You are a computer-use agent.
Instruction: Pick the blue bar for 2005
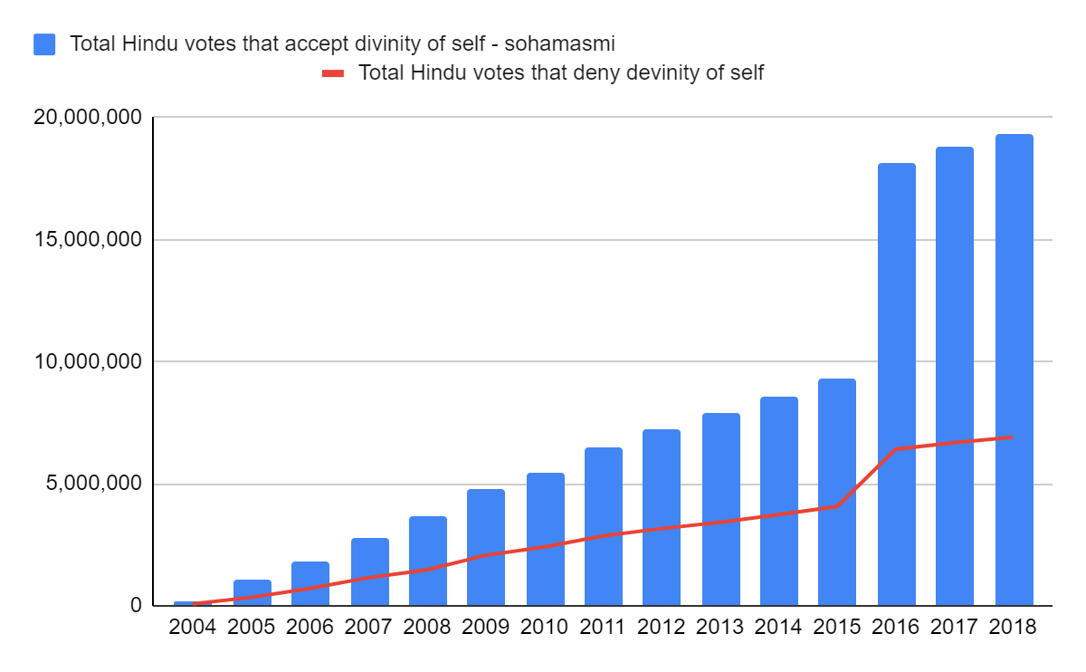(252, 592)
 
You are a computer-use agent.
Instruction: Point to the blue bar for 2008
(427, 561)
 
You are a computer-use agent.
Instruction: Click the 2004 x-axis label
(193, 628)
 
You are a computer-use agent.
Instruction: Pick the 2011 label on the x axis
(604, 628)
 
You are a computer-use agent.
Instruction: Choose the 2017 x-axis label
(955, 628)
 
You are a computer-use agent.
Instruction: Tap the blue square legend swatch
(44, 43)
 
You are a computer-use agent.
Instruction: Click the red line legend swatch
(333, 73)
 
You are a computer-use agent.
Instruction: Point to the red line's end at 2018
(1012, 437)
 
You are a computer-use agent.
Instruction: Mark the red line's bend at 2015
(837, 505)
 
